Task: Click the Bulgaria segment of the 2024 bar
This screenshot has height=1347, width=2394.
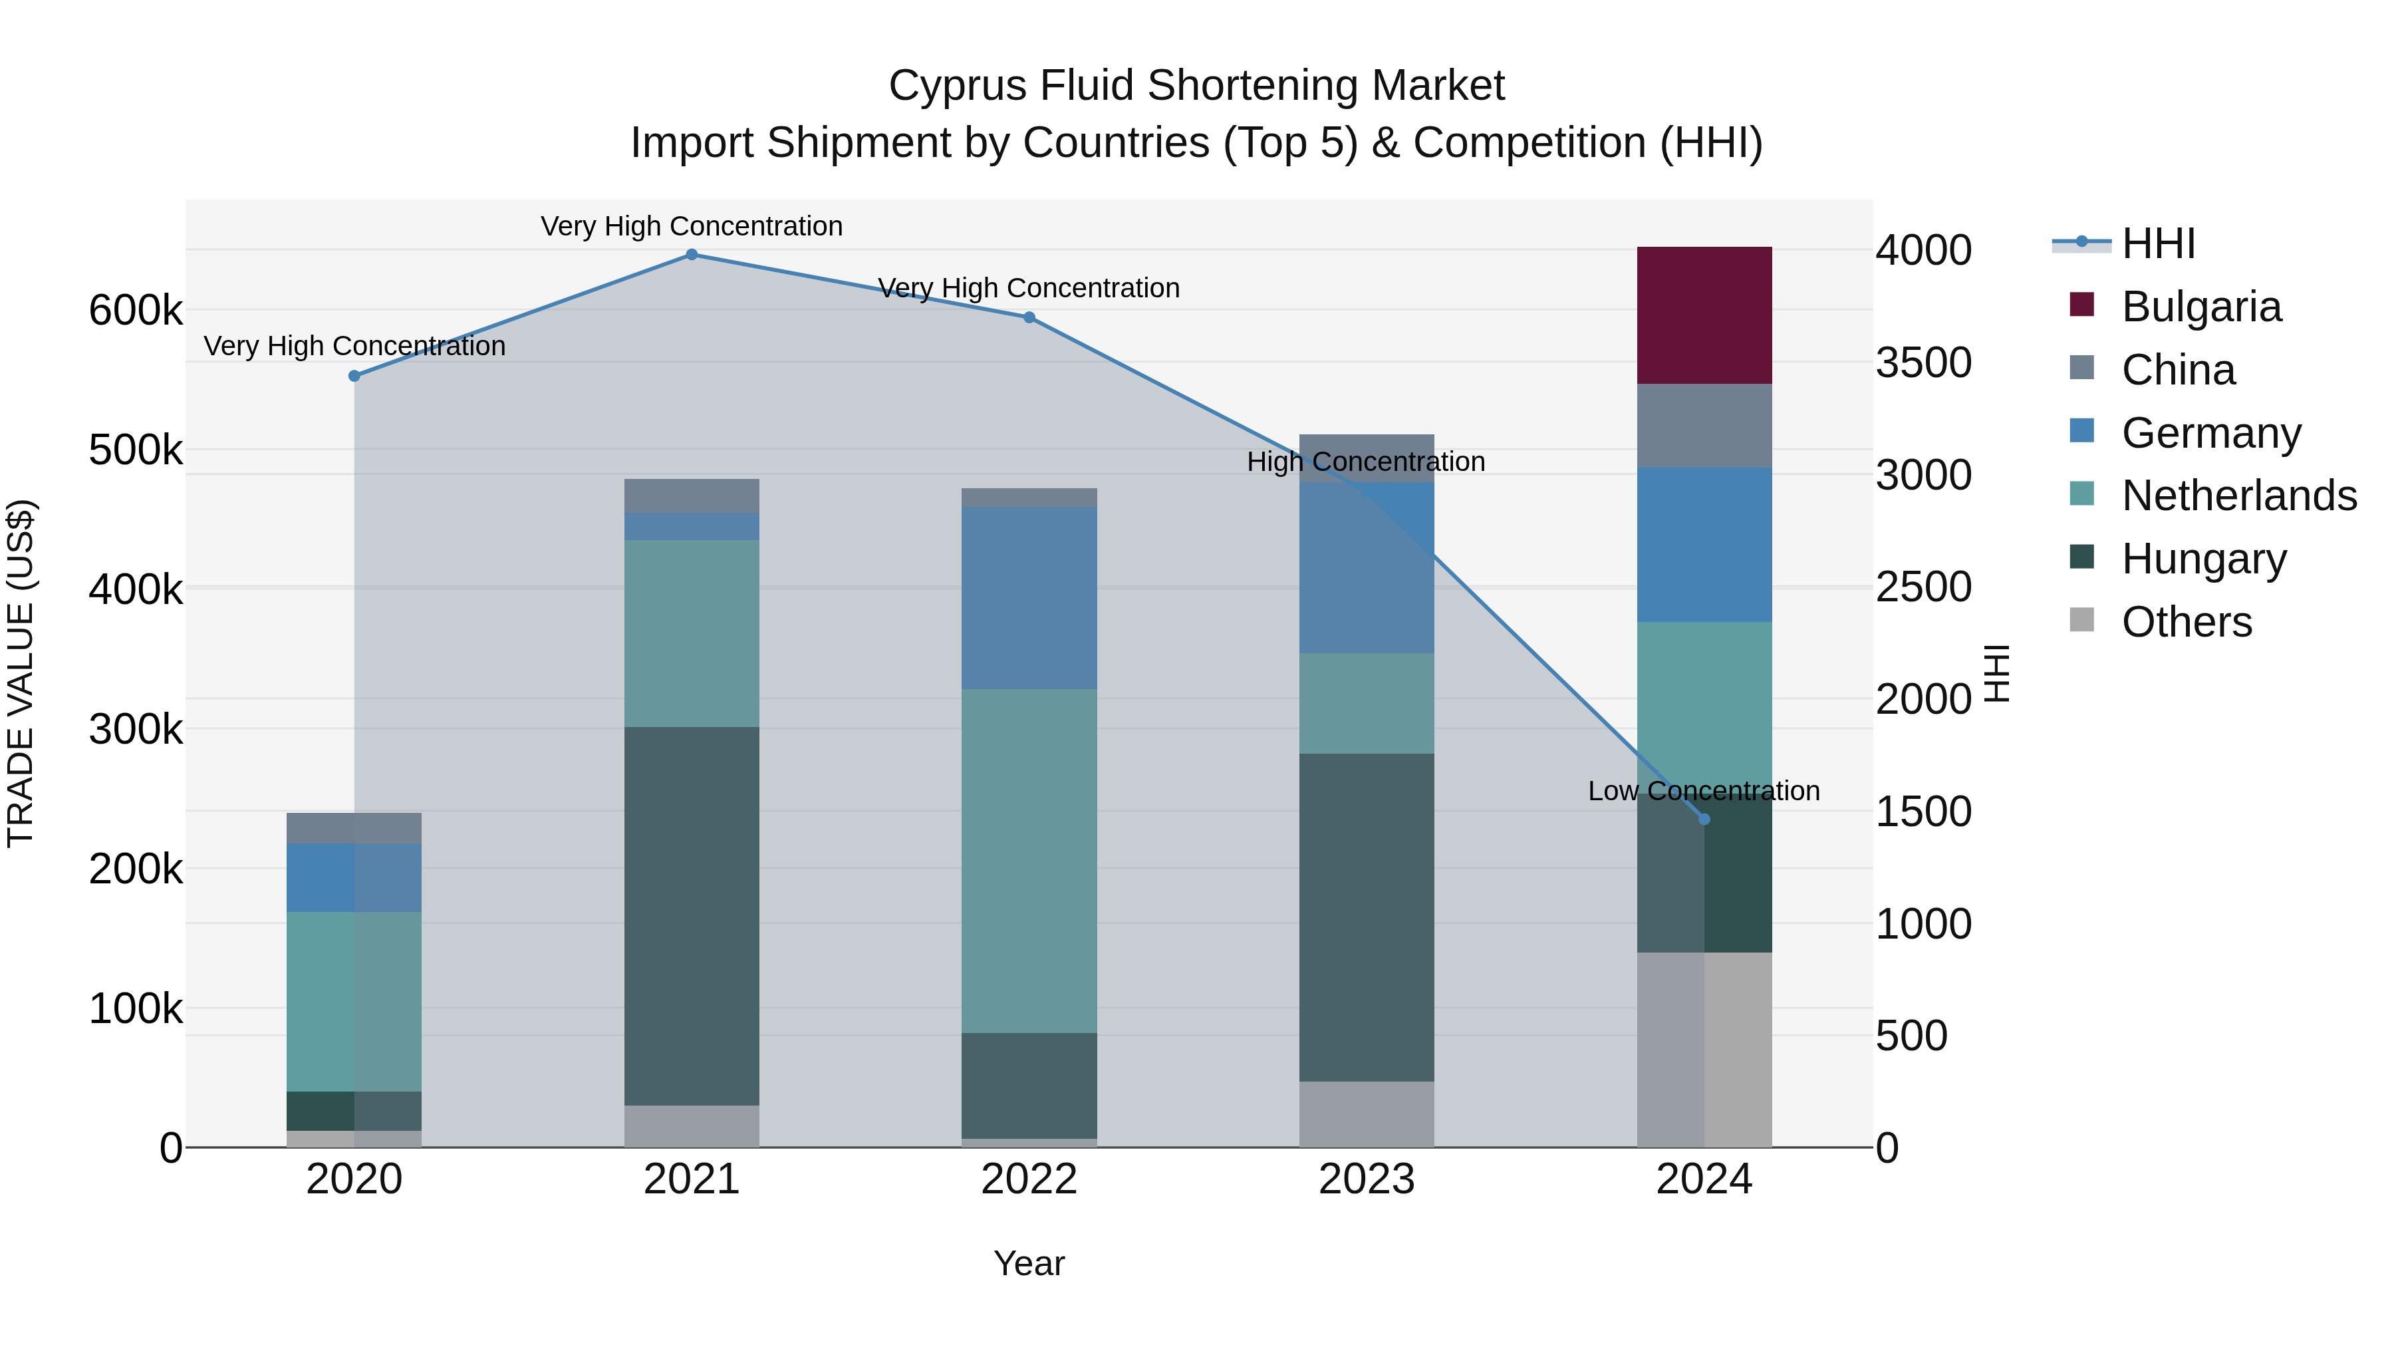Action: [x=1704, y=315]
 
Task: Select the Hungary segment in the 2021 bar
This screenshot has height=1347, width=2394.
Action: [x=692, y=916]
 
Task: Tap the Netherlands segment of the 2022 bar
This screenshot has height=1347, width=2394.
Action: [x=1029, y=860]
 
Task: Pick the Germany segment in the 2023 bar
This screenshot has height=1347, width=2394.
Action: [x=1366, y=567]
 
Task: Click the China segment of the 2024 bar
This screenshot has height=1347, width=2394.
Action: [x=1704, y=426]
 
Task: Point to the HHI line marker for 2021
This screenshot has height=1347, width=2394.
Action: [x=692, y=255]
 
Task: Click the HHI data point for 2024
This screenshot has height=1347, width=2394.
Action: [x=1704, y=819]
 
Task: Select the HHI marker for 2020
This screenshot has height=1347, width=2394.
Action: [x=354, y=376]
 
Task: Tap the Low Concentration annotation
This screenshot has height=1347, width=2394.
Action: [x=1704, y=791]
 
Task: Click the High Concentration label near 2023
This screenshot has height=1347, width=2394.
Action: [x=1365, y=462]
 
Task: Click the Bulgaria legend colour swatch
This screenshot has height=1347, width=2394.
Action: [x=2081, y=305]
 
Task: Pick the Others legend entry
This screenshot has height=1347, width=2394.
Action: [x=2186, y=622]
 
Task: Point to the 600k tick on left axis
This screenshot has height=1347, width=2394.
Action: [x=136, y=311]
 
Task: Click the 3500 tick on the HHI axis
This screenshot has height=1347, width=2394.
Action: [x=1923, y=363]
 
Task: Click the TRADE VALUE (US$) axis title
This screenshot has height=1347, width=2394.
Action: [x=21, y=673]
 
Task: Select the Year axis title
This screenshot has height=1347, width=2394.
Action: [x=1029, y=1263]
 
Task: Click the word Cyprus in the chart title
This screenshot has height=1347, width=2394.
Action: [x=957, y=86]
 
